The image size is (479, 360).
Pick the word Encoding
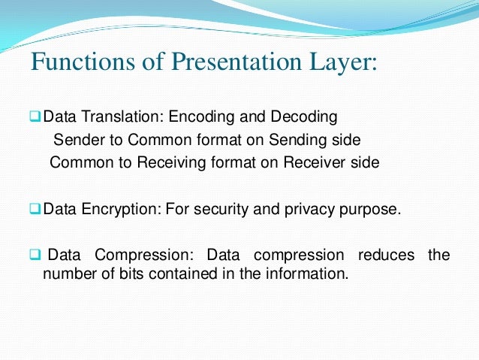point(198,117)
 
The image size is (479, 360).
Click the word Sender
point(78,140)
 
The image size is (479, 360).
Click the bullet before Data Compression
point(35,255)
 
